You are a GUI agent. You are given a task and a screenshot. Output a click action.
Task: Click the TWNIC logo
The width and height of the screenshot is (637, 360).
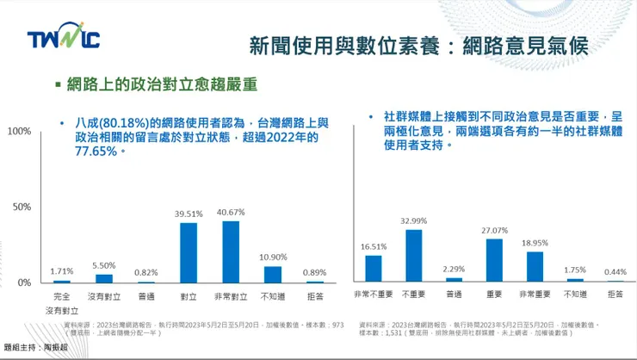click(62, 40)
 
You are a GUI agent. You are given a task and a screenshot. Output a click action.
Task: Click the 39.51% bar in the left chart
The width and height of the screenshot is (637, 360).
click(189, 252)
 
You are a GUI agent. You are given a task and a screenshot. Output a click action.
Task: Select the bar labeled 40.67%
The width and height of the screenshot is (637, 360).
click(231, 251)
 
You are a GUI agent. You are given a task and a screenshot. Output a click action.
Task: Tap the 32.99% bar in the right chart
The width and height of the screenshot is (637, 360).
click(413, 256)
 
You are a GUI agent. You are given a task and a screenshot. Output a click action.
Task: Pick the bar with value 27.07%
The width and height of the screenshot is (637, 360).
click(494, 260)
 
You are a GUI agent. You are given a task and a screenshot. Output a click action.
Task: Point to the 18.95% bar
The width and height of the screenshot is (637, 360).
click(535, 267)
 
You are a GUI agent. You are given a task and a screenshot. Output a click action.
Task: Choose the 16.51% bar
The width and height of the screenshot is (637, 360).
click(373, 269)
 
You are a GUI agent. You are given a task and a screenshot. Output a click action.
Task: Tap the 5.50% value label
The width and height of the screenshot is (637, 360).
click(103, 266)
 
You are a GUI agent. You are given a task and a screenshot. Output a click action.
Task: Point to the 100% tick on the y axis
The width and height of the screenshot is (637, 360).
click(19, 131)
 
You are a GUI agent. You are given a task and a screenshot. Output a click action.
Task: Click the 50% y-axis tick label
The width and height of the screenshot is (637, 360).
click(22, 207)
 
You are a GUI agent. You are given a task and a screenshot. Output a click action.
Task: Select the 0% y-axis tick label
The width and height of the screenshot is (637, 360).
click(24, 282)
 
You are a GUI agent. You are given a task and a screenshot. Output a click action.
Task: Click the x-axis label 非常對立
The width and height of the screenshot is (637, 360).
click(231, 295)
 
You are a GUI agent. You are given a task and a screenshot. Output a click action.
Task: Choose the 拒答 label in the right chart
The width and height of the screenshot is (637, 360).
click(615, 295)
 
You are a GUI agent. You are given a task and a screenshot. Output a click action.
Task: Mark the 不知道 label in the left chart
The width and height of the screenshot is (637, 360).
click(273, 295)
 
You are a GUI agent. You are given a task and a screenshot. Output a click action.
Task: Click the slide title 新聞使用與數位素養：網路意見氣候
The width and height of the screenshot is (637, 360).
click(417, 46)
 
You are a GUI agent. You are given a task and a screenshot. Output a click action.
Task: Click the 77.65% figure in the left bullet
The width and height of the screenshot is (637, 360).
click(95, 151)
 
